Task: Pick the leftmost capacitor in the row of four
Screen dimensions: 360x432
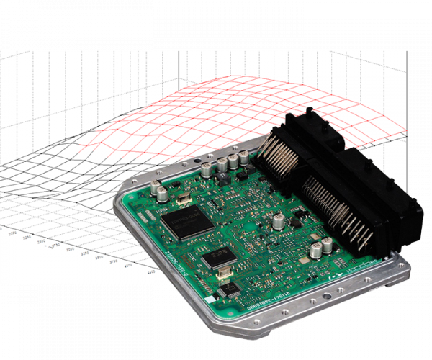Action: point(207,170)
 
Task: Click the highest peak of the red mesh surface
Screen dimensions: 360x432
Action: point(238,77)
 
